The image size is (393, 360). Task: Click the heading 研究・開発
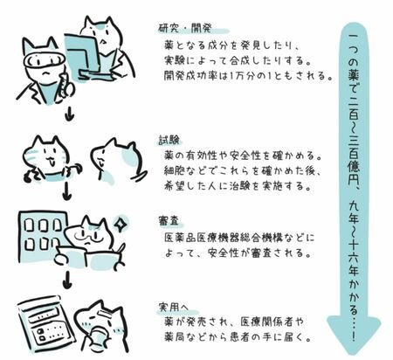click(185, 28)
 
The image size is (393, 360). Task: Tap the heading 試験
click(169, 140)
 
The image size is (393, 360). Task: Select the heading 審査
click(169, 220)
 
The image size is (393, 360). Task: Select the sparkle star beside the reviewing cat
click(119, 224)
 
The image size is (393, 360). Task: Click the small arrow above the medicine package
click(67, 280)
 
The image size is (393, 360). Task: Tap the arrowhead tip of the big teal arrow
click(353, 354)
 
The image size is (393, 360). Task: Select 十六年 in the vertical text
click(354, 260)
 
